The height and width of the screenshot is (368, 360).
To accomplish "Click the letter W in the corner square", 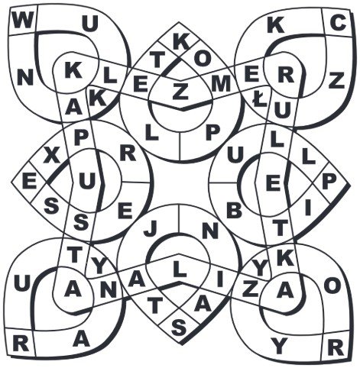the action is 23,21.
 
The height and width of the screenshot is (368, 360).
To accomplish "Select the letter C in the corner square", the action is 338,23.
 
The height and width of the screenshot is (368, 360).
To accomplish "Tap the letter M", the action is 221,84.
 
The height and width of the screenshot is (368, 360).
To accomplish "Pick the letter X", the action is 51,156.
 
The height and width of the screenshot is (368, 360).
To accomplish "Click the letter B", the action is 234,211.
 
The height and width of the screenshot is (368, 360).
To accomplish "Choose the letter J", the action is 150,228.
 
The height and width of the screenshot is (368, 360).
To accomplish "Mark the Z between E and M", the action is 180,92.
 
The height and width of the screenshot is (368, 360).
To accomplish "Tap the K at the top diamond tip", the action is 181,42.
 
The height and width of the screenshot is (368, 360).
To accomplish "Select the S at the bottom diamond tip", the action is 179,328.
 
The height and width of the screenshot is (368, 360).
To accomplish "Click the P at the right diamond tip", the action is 329,182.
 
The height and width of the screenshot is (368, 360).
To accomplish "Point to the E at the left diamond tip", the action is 29,182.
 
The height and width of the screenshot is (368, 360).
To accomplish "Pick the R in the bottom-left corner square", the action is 21,343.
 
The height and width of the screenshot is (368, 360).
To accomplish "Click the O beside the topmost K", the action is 203,59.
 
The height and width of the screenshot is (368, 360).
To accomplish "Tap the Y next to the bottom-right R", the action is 279,347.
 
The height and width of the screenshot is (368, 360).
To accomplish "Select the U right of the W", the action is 89,24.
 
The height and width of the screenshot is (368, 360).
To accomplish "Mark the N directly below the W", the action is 25,77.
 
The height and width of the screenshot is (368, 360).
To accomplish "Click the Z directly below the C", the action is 336,80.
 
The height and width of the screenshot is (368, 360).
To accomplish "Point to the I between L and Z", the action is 220,279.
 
